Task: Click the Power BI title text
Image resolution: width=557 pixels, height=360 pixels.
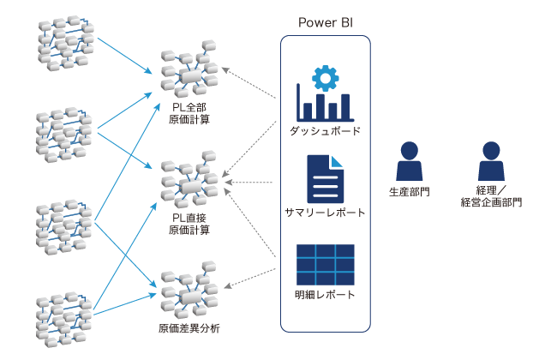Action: point(326,22)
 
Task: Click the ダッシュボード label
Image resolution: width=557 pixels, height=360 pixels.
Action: point(326,132)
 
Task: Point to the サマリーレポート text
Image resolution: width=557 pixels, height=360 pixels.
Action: point(326,213)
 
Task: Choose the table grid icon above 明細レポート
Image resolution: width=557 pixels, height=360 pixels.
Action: point(326,265)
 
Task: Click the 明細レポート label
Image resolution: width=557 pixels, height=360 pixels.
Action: point(326,296)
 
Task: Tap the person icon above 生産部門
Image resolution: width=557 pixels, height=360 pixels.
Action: point(409,161)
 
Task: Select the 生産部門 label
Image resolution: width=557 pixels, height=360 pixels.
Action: point(409,191)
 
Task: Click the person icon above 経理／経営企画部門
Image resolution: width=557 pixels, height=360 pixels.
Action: point(490,161)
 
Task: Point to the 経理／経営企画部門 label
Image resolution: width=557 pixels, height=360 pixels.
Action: point(490,196)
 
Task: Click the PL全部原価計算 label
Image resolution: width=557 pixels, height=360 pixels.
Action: point(189,113)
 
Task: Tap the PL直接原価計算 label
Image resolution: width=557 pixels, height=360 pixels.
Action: point(189,225)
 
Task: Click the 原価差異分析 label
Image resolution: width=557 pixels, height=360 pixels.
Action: point(189,328)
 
